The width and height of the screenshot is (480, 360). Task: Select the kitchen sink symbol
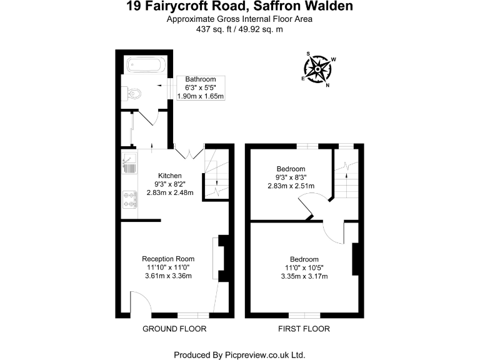(130, 164)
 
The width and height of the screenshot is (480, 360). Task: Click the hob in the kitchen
(130, 199)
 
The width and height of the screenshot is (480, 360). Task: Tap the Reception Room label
(168, 259)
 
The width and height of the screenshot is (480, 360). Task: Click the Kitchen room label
(170, 176)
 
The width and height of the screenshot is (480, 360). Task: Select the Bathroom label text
(201, 79)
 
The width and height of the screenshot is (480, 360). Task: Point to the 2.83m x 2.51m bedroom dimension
(291, 186)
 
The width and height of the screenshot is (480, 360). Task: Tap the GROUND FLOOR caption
(174, 329)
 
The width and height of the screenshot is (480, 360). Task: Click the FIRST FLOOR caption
(304, 329)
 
